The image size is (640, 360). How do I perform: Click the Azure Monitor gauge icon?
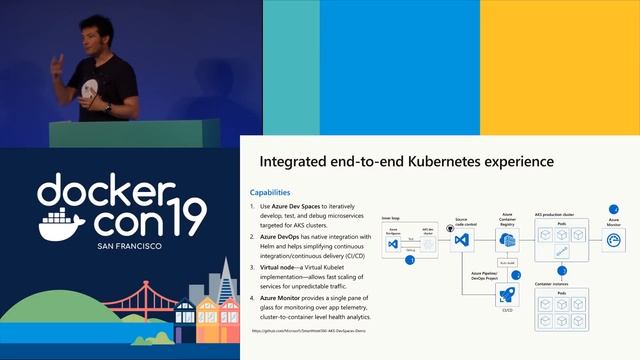point(613,240)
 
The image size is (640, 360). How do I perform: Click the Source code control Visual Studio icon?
point(461,240)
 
